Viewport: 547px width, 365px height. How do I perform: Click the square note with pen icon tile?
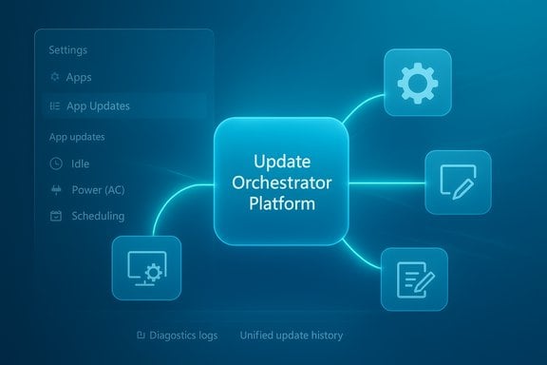point(457,182)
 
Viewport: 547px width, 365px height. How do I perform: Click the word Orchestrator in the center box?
point(277,183)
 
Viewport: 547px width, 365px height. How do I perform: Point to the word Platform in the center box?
point(277,203)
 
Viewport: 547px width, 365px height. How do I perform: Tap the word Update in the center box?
point(277,163)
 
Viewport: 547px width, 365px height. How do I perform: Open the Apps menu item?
point(80,77)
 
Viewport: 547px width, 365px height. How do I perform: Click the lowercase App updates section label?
point(76,136)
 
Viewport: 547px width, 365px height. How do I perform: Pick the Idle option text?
point(80,163)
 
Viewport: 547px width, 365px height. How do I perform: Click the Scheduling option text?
point(97,216)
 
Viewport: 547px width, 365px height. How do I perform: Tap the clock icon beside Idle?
point(53,163)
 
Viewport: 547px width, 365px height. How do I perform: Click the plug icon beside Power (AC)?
point(53,189)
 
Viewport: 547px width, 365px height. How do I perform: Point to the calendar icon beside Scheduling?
point(53,216)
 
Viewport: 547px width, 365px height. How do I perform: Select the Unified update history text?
point(291,336)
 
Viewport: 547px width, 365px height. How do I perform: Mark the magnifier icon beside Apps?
point(53,77)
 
